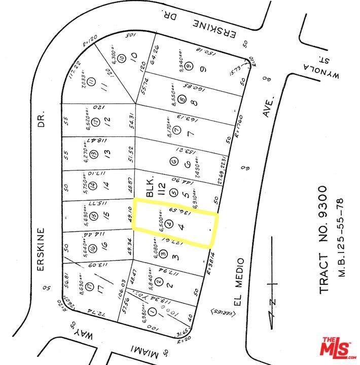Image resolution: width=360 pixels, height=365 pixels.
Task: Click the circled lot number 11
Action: (x=91, y=82)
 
